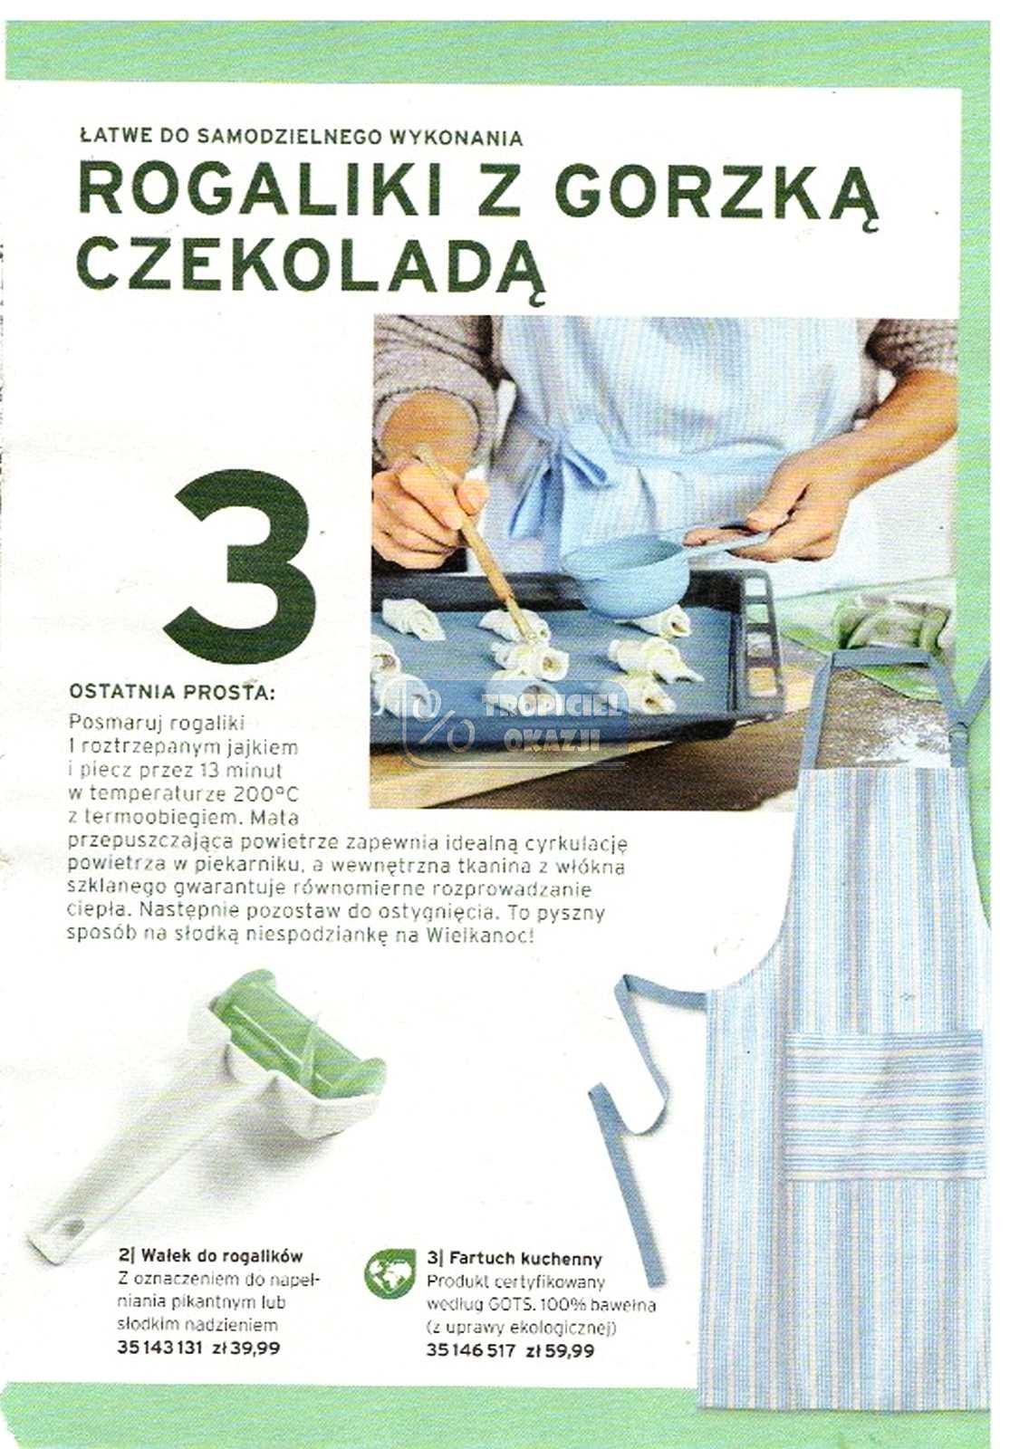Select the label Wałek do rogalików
click(x=210, y=1256)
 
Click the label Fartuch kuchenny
click(x=514, y=1258)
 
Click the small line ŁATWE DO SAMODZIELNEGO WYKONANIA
click(x=302, y=138)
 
